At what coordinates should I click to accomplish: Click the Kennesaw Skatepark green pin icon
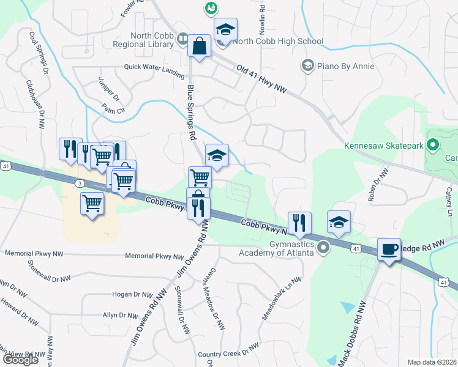(x=433, y=146)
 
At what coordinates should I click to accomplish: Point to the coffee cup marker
(x=389, y=250)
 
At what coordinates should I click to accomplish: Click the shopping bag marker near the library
(x=200, y=46)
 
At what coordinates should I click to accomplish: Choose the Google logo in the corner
(x=20, y=360)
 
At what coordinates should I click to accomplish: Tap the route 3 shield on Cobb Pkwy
(x=80, y=183)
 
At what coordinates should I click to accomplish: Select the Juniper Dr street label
(x=110, y=89)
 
